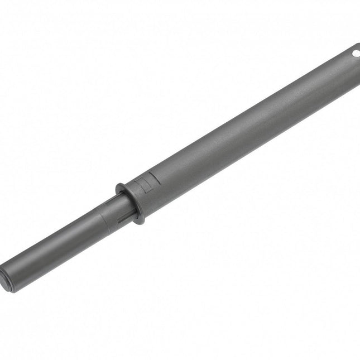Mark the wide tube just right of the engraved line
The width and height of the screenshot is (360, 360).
pyautogui.click(x=167, y=179)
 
